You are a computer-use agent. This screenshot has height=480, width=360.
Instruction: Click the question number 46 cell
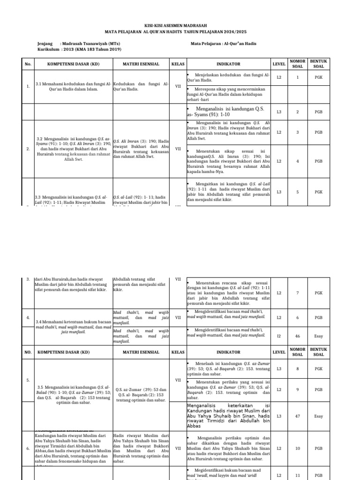[x=297, y=337]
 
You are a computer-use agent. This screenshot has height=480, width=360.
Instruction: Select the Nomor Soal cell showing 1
[x=297, y=77]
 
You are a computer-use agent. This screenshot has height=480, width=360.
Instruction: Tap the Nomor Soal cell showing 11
[x=297, y=475]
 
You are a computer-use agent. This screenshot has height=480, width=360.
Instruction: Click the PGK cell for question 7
[x=318, y=293]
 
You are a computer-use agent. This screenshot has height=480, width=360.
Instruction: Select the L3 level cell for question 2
[x=279, y=112]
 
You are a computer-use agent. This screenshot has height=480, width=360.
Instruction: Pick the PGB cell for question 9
[x=318, y=390]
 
